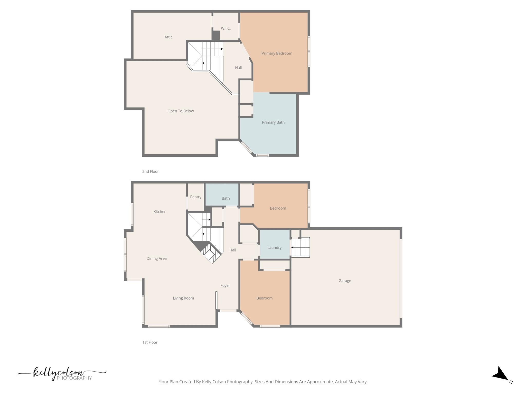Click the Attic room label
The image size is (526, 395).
[168, 37]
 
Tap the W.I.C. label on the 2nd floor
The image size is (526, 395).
[226, 28]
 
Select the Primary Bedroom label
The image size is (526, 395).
[277, 53]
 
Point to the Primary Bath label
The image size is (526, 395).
[273, 122]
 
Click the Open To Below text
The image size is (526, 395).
[181, 111]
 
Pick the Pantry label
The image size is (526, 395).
[195, 197]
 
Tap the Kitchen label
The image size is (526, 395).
[160, 212]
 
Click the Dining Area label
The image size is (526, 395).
[156, 259]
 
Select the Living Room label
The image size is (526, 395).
[183, 298]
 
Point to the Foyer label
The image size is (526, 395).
[225, 285]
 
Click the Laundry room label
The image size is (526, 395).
[274, 248]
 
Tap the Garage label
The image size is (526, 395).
[344, 281]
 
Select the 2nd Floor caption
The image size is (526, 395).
[151, 172]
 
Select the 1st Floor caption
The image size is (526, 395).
[150, 343]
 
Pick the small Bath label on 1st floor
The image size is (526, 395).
[226, 199]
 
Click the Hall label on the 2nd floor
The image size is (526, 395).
[238, 68]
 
